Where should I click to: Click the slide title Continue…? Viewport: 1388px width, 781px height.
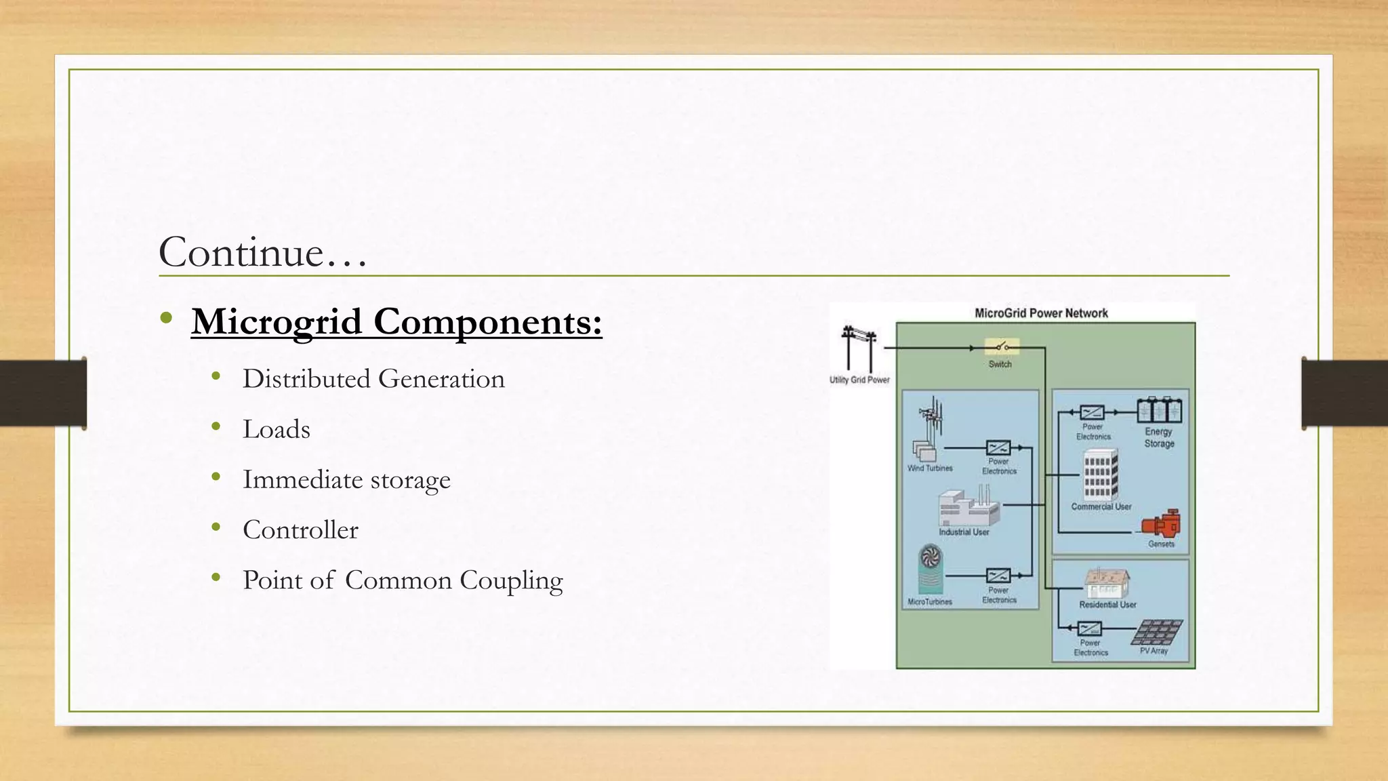point(262,252)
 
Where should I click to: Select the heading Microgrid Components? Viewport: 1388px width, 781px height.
point(396,321)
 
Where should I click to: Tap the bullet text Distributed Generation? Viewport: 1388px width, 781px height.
point(373,379)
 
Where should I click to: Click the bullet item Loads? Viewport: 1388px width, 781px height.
point(277,429)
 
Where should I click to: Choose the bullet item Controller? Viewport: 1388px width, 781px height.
point(300,529)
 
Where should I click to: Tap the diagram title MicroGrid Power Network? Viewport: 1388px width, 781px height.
point(1041,313)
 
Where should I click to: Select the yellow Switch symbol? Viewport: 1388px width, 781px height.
point(1001,347)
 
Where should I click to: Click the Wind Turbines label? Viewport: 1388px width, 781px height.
point(930,468)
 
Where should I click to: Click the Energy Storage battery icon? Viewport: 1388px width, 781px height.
point(1159,411)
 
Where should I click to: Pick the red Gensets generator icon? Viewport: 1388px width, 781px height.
point(1162,525)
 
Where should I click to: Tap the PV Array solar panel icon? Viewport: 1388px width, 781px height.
point(1157,632)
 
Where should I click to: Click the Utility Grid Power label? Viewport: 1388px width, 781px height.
point(859,380)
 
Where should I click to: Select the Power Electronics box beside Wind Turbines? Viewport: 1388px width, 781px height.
point(998,448)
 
